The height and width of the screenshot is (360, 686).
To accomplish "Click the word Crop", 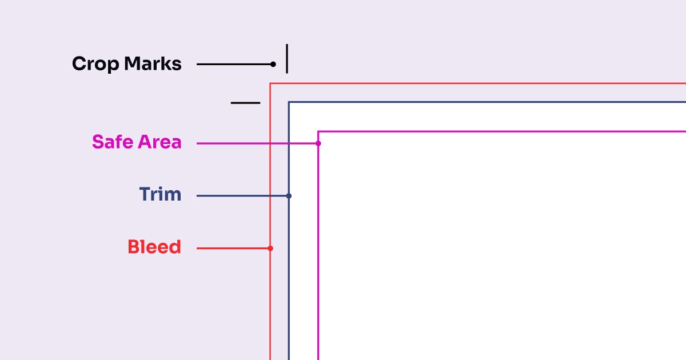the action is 95,64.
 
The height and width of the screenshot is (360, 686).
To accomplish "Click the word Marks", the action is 153,63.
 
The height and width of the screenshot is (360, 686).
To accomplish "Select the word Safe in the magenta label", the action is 113,142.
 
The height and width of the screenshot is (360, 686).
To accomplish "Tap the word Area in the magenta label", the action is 159,142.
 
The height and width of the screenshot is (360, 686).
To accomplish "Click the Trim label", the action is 160,194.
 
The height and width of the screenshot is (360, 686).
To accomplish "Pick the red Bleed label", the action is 154,247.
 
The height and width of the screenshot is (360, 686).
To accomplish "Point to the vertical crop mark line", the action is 287,59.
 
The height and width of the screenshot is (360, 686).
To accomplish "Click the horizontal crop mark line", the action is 245,103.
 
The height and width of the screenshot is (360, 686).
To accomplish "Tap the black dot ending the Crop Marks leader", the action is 273,64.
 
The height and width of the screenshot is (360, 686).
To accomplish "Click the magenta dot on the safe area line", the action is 318,143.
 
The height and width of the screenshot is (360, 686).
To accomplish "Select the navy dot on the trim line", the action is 289,196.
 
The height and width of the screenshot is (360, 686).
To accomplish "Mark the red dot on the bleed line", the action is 270,248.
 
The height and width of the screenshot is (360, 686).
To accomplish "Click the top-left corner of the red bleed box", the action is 270,83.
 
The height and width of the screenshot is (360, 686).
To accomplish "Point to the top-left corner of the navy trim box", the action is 289,102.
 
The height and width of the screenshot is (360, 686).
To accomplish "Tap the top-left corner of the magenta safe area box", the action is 318,131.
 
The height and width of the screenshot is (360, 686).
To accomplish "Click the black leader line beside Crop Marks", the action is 235,64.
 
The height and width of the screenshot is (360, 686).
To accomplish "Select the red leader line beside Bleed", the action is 233,248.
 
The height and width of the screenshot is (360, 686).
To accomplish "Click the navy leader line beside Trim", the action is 242,196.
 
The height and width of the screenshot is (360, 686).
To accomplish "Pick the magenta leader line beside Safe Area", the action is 258,143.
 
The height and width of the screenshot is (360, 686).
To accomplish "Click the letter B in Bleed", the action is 133,247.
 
